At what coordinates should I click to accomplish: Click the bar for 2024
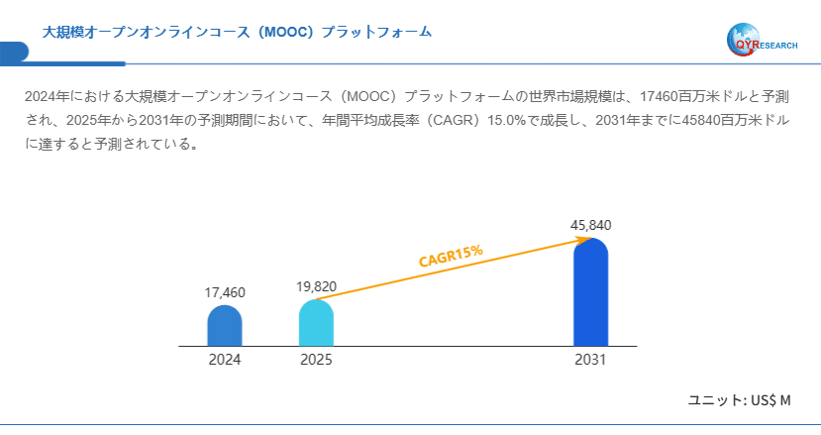(225, 326)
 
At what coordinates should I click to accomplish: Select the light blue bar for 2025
(316, 323)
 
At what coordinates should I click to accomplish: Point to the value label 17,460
(225, 292)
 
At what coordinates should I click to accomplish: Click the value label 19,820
(316, 286)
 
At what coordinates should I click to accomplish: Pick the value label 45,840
(590, 225)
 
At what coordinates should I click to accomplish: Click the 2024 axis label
(225, 360)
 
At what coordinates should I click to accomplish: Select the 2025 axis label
(316, 360)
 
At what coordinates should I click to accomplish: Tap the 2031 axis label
(590, 360)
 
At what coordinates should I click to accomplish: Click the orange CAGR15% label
(451, 256)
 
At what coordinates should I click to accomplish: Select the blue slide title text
(237, 32)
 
